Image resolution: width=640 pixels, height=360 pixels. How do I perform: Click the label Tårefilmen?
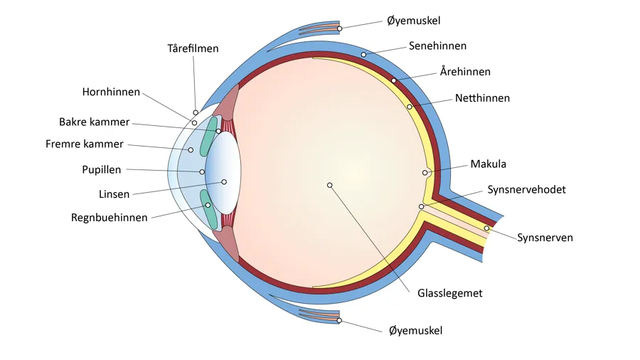point(193,49)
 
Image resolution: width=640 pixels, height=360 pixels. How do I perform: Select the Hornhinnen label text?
point(111,92)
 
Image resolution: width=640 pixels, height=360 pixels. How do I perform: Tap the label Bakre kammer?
point(94,122)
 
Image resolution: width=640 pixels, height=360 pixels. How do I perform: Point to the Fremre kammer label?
point(84,144)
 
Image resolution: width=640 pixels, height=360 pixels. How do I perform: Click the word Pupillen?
point(102,170)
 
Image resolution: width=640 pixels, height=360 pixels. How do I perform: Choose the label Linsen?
point(114,194)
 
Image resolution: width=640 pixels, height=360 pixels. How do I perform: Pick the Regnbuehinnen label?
point(110,218)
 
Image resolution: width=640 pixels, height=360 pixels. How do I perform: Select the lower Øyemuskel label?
point(416,331)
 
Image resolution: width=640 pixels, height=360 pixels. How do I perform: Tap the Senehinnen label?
point(437,46)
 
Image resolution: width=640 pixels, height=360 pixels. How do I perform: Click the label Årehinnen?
point(465,72)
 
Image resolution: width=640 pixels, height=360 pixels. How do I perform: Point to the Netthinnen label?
point(482,98)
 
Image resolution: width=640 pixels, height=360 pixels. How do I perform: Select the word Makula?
point(489,164)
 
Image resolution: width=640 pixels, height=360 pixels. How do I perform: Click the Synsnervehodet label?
point(527,190)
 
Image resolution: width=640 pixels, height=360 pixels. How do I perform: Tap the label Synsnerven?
point(545,238)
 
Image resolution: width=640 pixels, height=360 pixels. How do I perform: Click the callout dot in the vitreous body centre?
point(329,185)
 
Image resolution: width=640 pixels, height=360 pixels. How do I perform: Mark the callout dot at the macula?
point(425,173)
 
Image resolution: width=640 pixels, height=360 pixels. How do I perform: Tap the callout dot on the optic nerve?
point(487,228)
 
